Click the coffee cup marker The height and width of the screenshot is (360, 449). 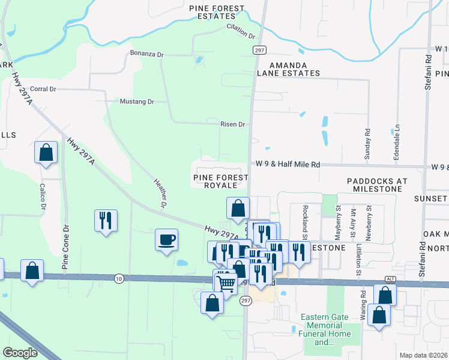pyautogui.click(x=166, y=239)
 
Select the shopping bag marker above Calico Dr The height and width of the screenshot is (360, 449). pyautogui.click(x=46, y=153)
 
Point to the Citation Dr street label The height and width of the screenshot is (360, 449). pyautogui.click(x=242, y=29)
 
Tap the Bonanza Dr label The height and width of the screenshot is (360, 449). pyautogui.click(x=146, y=55)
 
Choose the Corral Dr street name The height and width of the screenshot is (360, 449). pyautogui.click(x=43, y=89)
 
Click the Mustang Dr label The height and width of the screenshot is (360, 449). pyautogui.click(x=137, y=101)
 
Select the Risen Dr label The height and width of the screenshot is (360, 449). pyautogui.click(x=234, y=125)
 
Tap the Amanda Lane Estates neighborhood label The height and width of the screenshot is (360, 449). pyautogui.click(x=288, y=69)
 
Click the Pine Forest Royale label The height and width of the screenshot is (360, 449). pyautogui.click(x=221, y=182)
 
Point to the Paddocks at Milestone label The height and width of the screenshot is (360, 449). pyautogui.click(x=377, y=185)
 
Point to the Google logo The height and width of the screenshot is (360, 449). pyautogui.click(x=20, y=353)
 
